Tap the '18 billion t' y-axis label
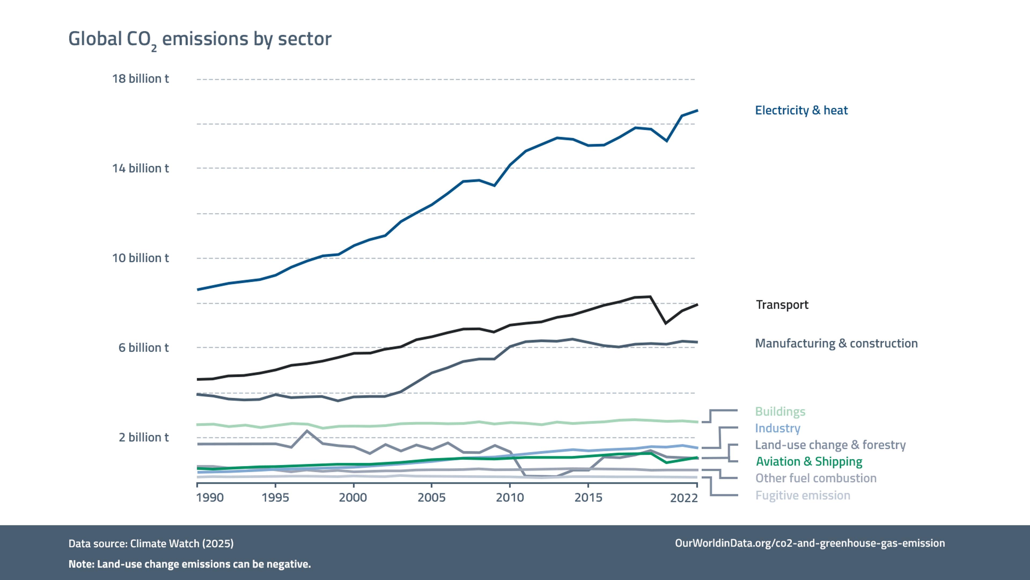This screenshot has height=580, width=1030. [x=140, y=79]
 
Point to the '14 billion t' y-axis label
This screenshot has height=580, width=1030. [x=140, y=169]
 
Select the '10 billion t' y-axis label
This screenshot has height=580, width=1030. [x=140, y=258]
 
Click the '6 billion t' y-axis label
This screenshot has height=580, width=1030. [x=144, y=348]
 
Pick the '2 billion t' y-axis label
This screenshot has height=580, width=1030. [x=144, y=437]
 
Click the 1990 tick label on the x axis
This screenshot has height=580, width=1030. [x=210, y=498]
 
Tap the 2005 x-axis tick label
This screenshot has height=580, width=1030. [x=431, y=498]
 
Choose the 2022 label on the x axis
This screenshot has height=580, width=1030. [x=684, y=498]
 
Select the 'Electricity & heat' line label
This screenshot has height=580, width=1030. [x=801, y=110]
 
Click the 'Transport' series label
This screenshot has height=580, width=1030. [x=782, y=305]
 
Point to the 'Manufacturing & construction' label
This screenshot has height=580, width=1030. [x=836, y=343]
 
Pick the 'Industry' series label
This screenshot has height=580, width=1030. [x=778, y=428]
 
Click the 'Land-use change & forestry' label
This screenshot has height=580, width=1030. [x=830, y=445]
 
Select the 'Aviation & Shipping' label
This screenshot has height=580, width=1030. [x=809, y=462]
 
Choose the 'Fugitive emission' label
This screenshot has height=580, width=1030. [x=803, y=495]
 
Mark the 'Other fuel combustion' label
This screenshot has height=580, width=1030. [x=816, y=478]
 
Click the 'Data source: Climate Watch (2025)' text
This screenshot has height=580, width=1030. [x=151, y=543]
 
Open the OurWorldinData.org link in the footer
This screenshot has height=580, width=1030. [x=810, y=543]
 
